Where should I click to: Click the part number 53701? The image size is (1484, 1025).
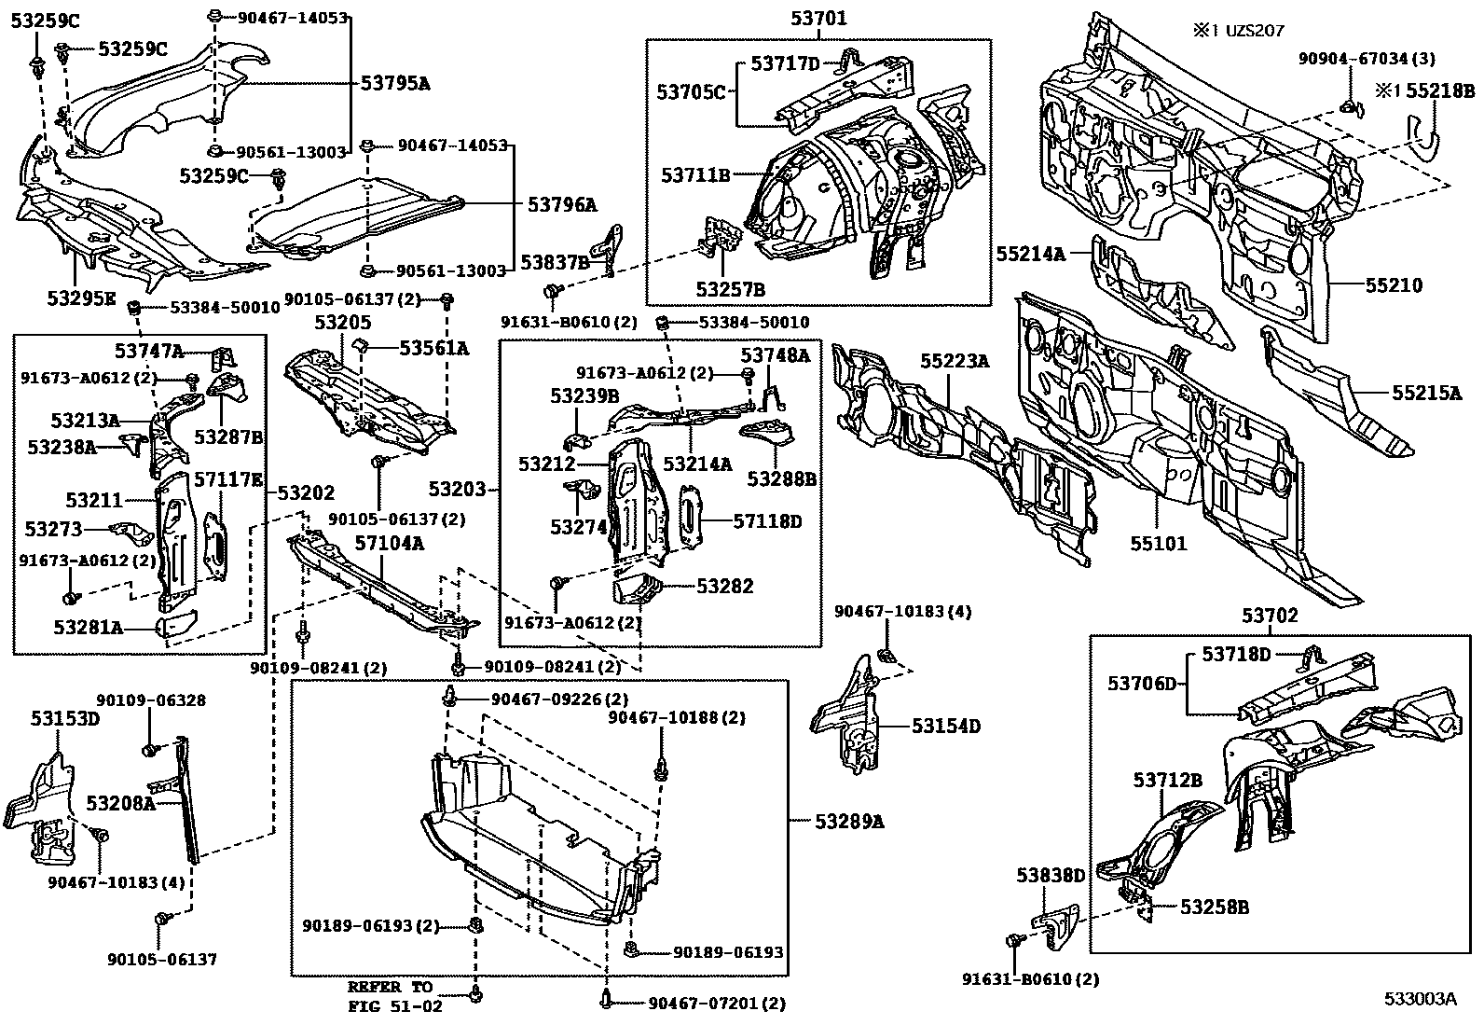818,16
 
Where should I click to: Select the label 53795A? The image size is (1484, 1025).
395,83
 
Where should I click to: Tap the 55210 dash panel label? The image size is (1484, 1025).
1395,285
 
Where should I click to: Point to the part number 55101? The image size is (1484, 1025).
1160,543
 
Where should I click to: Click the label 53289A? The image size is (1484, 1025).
849,821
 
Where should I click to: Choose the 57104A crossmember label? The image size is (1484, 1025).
388,542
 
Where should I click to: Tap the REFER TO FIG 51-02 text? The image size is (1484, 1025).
391,996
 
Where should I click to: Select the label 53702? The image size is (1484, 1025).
1269,616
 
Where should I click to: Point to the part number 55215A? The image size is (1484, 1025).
1426,393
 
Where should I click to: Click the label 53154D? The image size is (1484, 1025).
946,726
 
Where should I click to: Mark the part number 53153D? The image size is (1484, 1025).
64,718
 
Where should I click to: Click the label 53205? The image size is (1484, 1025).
342,323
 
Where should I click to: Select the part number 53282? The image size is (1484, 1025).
724,586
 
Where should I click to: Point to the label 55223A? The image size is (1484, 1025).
955,360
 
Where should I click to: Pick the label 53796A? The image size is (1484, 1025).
562,204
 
